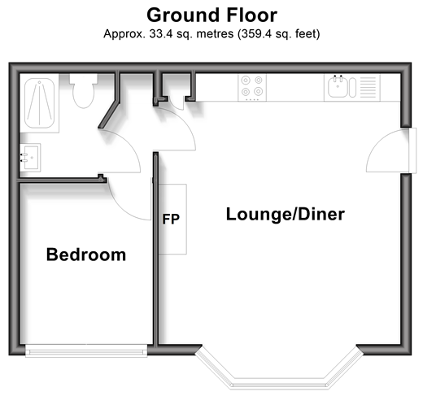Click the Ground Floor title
[x=211, y=15]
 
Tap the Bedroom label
[x=86, y=255]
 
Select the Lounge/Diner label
[x=286, y=214]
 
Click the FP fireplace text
[x=171, y=219]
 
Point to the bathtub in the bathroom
[x=40, y=103]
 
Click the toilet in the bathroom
[x=84, y=91]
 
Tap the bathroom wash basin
[x=30, y=158]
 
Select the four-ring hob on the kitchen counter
[x=252, y=88]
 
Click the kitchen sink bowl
[x=338, y=86]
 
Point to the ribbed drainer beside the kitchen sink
[x=368, y=87]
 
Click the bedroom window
[x=86, y=350]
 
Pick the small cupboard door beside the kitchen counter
[x=177, y=104]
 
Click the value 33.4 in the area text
[x=161, y=34]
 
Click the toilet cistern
[x=84, y=78]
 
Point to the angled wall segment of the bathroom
[x=109, y=115]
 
